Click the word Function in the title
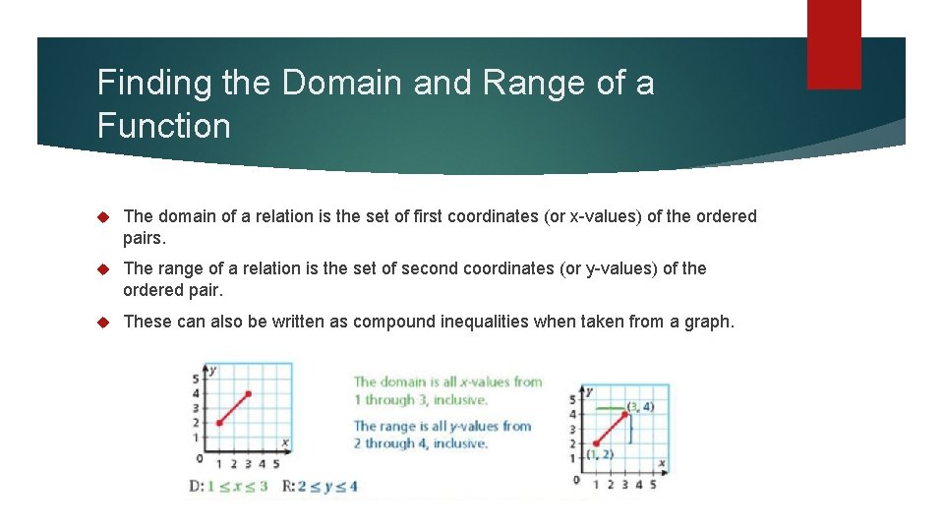[x=164, y=126]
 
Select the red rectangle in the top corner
[x=834, y=43]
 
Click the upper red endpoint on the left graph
[x=249, y=393]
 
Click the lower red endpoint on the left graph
[x=219, y=423]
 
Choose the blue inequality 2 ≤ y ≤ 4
[x=325, y=486]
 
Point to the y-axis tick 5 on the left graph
[x=197, y=379]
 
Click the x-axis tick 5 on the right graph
[x=653, y=483]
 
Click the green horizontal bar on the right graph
[x=610, y=406]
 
